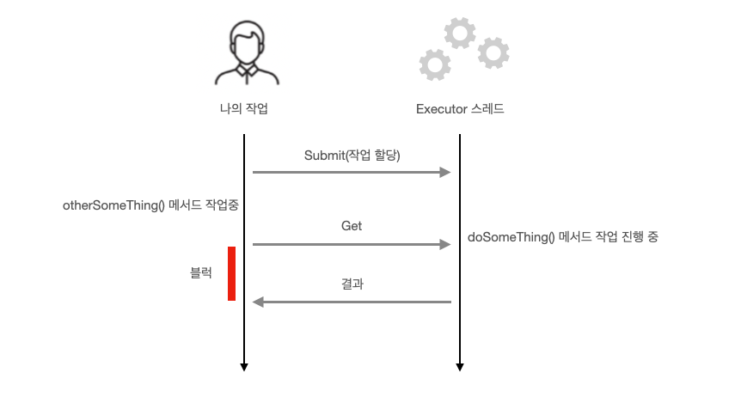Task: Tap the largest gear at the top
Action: point(459,34)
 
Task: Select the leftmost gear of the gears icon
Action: point(434,64)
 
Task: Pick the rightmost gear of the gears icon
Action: point(493,52)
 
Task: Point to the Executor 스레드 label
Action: point(460,109)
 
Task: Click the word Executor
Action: point(441,109)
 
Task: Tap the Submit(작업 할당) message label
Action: point(352,156)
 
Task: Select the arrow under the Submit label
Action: point(352,172)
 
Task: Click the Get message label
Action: point(352,226)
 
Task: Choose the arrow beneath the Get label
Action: point(352,244)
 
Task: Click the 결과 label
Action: point(352,284)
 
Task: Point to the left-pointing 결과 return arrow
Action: point(352,302)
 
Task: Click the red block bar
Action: point(231,273)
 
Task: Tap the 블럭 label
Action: point(200,273)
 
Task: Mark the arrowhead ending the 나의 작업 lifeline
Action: point(244,367)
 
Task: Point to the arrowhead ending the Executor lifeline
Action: point(460,367)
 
